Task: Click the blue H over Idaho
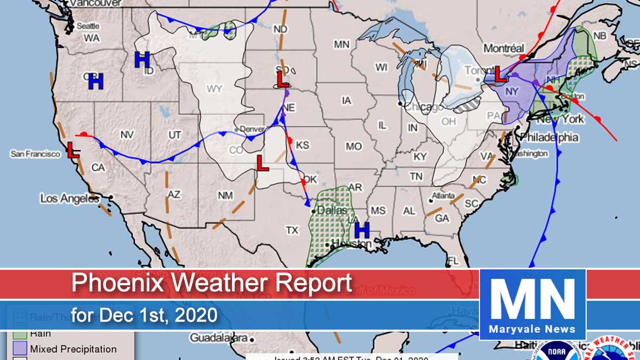[x=142, y=60]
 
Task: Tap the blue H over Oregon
[x=95, y=82]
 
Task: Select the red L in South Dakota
[x=283, y=80]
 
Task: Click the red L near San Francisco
[x=73, y=150]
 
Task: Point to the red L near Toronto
[x=501, y=73]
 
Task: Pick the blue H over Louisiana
[x=362, y=230]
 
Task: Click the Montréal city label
[x=504, y=49]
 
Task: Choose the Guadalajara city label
[x=219, y=338]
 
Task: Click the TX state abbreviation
[x=292, y=230]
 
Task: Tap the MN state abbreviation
[x=341, y=44]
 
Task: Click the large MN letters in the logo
[x=532, y=299]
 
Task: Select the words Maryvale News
[x=533, y=329]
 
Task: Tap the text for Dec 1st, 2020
[x=144, y=315]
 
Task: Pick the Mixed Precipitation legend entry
[x=73, y=349]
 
